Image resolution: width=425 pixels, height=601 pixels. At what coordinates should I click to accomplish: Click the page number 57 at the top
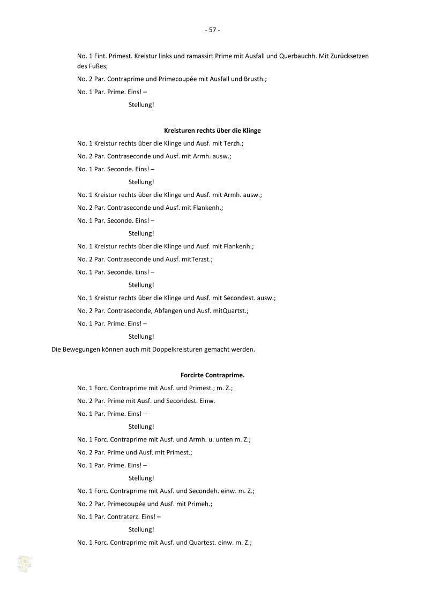(212, 30)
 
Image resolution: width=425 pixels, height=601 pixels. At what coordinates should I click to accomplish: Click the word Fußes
(95, 66)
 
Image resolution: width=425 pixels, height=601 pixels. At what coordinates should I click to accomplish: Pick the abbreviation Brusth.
(254, 79)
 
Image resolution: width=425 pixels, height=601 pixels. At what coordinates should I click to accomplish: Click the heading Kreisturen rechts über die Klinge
(212, 131)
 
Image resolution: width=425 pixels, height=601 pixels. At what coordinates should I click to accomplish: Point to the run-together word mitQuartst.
(230, 311)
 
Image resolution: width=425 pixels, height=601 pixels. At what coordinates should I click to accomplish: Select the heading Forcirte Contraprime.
(212, 376)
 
